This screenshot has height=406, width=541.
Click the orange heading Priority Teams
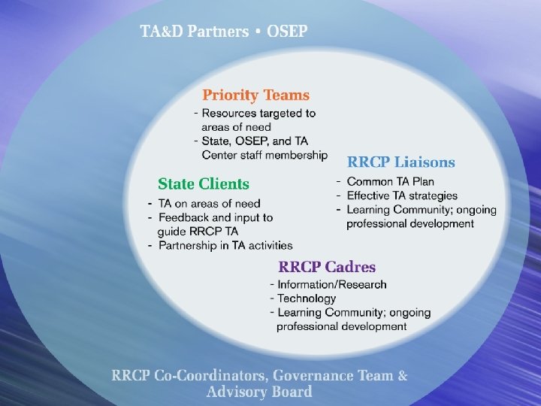tap(255, 95)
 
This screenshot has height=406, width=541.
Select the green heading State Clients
tap(203, 183)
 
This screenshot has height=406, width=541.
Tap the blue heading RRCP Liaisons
tap(400, 162)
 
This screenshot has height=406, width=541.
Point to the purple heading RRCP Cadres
tap(327, 267)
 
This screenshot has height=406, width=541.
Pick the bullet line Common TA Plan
tap(390, 182)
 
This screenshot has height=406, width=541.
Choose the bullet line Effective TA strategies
tap(401, 195)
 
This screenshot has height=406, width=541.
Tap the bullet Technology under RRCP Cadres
tap(307, 298)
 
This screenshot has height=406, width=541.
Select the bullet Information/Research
tap(332, 284)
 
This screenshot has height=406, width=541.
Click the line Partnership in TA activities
tap(225, 245)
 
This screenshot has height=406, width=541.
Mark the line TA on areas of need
tap(209, 203)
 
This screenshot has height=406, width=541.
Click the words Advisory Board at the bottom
tap(259, 392)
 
